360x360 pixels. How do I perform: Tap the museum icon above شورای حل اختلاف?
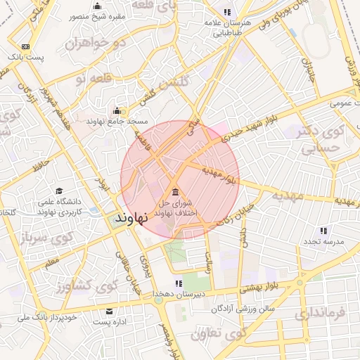tap(174, 193)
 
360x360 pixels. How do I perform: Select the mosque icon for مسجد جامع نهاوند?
tap(117, 110)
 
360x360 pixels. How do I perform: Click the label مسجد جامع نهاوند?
tap(117, 122)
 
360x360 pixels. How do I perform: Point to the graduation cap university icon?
tap(60, 191)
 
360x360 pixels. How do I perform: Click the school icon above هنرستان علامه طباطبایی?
tap(227, 12)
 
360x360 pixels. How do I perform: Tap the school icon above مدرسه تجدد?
tap(323, 230)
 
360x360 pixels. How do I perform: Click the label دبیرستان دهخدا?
tap(180, 294)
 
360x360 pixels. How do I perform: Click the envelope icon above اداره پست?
tap(109, 311)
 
